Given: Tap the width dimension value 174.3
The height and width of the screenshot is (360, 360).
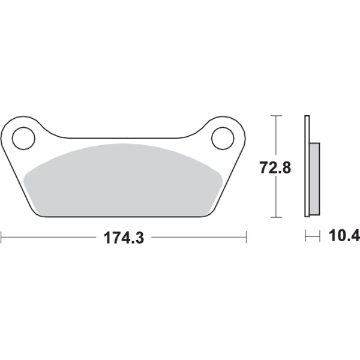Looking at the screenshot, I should click(122, 238).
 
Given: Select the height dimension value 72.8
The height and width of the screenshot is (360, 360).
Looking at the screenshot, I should click(275, 167).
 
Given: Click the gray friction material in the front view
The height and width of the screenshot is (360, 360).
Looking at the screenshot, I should click(123, 180).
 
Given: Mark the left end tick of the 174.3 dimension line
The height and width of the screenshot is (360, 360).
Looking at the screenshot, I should click(1, 238).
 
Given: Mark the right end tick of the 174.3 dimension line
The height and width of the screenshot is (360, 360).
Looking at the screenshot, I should click(247, 238).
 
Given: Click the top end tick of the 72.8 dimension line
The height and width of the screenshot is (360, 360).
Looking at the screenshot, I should click(275, 115).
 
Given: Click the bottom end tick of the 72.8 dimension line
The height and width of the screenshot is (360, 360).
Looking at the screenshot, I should click(275, 217).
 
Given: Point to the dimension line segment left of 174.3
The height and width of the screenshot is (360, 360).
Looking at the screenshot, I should click(48, 238).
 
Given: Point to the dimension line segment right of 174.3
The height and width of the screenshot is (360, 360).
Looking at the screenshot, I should click(198, 238).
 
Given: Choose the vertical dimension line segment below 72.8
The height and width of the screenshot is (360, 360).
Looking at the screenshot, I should click(275, 198).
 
